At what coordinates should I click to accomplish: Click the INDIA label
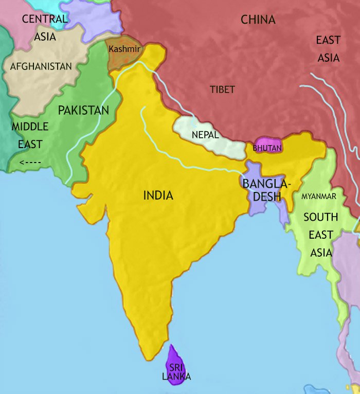(x=158, y=195)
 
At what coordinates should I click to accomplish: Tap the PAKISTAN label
(x=83, y=111)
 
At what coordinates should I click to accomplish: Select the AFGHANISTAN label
(x=41, y=66)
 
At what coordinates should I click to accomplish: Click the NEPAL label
(x=205, y=135)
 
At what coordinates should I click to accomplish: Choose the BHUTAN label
(x=267, y=148)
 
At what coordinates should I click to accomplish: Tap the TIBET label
(x=222, y=89)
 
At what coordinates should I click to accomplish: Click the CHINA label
(x=258, y=20)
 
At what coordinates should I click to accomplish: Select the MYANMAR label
(x=319, y=196)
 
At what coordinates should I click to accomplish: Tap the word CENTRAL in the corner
(x=45, y=20)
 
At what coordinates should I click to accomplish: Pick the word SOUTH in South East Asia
(x=320, y=217)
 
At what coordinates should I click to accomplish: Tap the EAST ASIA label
(x=328, y=49)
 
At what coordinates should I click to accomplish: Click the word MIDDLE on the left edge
(x=30, y=127)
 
